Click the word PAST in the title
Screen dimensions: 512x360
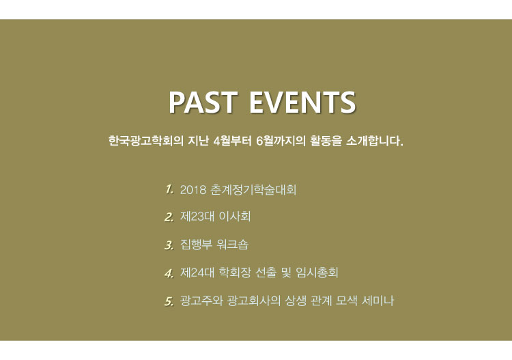tap(203, 102)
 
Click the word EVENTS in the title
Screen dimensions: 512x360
tap(302, 102)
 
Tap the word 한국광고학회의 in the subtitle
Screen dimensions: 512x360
tap(145, 141)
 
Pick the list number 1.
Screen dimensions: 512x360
tap(169, 189)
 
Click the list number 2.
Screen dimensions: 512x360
tap(169, 217)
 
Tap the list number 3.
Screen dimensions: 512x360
tap(169, 245)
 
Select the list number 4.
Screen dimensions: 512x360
tap(169, 273)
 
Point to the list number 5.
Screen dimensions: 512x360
tap(169, 301)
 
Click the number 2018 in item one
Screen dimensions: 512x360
tap(193, 189)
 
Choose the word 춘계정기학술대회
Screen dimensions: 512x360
tap(253, 189)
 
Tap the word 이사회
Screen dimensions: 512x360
tap(235, 217)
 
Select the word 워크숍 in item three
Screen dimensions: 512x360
tap(233, 245)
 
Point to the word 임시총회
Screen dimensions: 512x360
tap(317, 273)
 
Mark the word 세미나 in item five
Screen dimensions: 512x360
tap(378, 301)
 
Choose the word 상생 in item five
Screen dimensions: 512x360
tap(296, 301)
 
